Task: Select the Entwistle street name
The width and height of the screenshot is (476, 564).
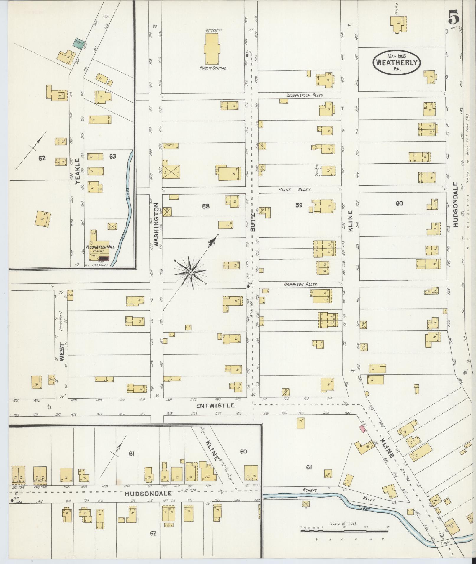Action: [215, 406]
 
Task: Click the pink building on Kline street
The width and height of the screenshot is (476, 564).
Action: [362, 429]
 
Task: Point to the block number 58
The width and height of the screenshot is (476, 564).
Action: [206, 206]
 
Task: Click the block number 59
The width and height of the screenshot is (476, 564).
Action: [299, 205]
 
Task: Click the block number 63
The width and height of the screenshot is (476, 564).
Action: [113, 156]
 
